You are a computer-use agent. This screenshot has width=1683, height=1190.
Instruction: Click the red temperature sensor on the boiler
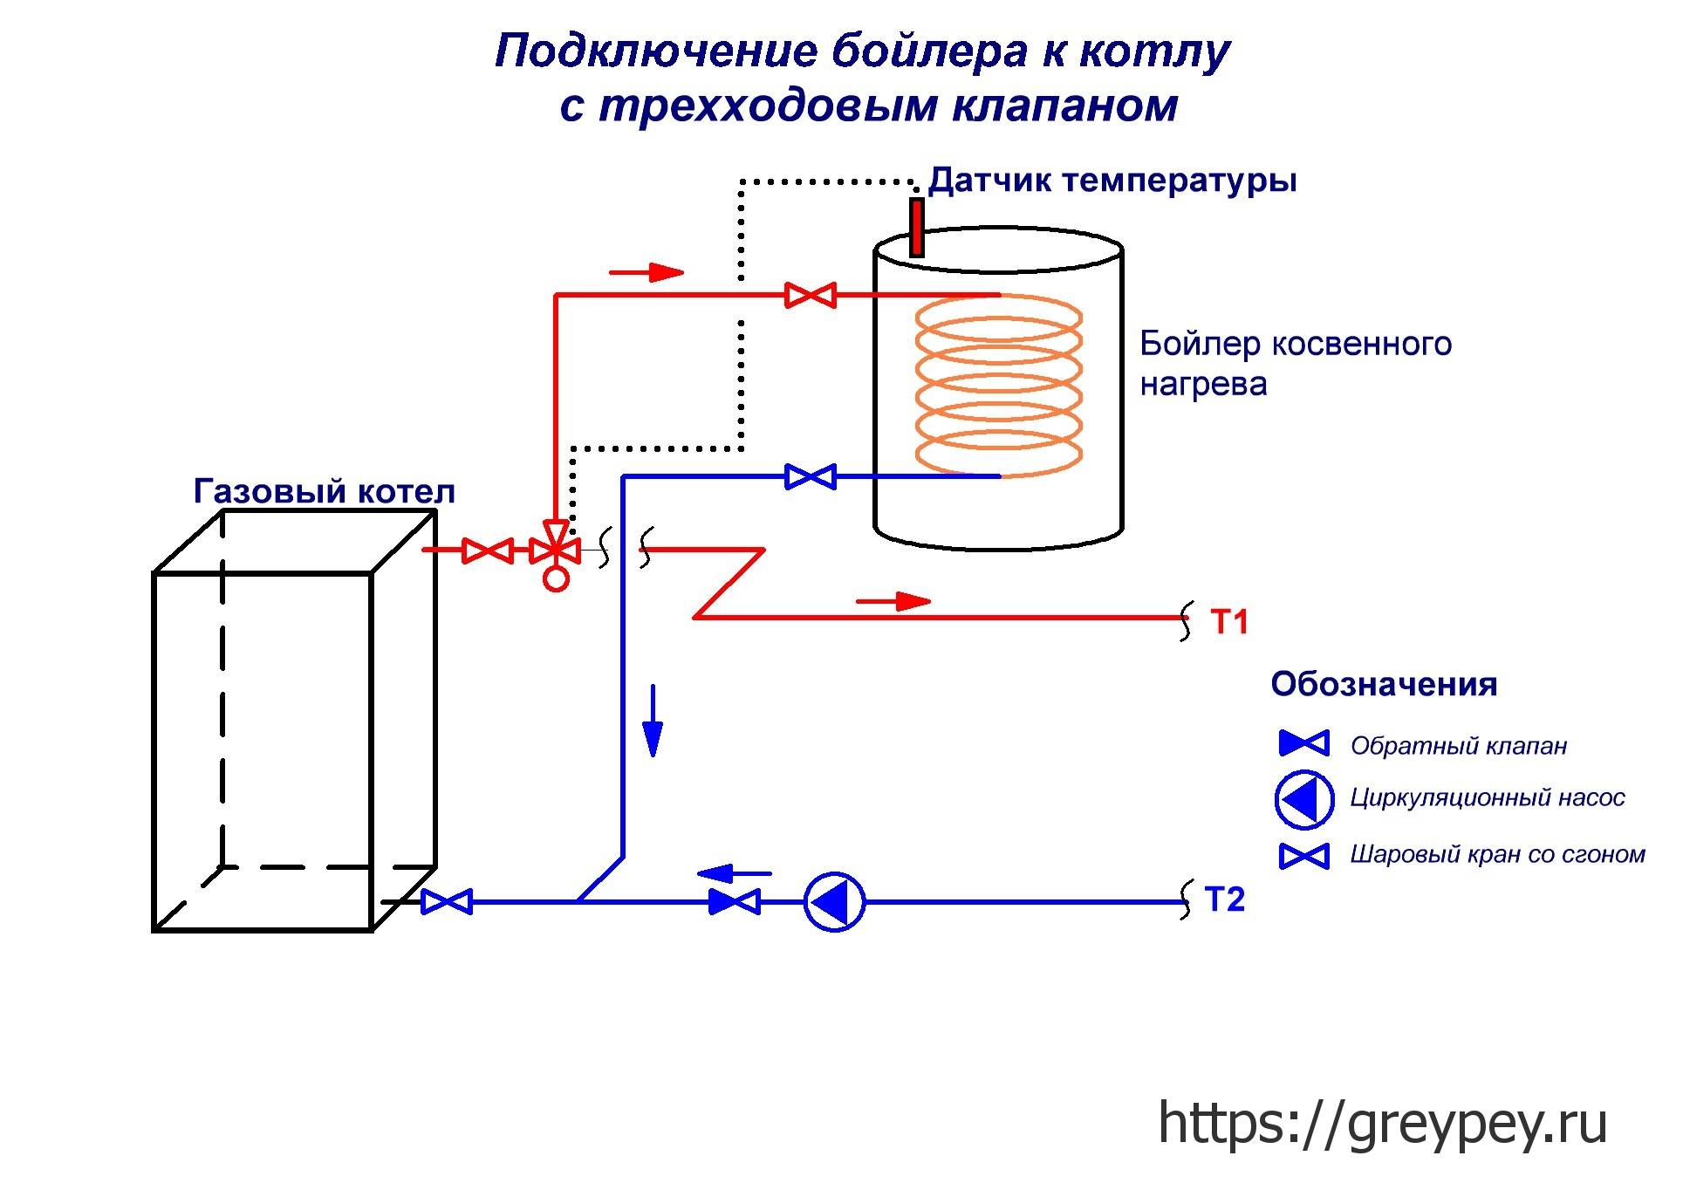click(x=916, y=227)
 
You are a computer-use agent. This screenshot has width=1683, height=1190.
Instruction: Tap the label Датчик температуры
click(x=1112, y=181)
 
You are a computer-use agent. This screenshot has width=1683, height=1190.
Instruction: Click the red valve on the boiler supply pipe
click(x=811, y=296)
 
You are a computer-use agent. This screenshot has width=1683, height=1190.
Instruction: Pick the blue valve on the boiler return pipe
click(x=811, y=477)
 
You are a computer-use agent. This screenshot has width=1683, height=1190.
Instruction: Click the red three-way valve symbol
click(x=556, y=551)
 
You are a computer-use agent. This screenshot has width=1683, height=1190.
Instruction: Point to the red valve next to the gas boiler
click(x=487, y=551)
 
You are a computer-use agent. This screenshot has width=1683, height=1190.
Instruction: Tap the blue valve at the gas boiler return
click(x=447, y=901)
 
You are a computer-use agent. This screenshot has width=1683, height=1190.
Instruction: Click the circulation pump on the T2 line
click(x=834, y=901)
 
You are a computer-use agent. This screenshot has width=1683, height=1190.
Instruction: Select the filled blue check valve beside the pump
click(x=735, y=901)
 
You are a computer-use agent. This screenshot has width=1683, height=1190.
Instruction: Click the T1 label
click(x=1229, y=622)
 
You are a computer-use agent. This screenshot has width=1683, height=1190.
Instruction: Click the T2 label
click(x=1224, y=899)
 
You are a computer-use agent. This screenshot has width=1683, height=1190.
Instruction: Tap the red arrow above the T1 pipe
click(x=893, y=601)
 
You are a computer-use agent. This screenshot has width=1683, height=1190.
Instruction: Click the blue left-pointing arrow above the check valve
click(x=734, y=872)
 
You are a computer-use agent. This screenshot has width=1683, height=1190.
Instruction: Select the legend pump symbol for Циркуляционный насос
click(x=1304, y=798)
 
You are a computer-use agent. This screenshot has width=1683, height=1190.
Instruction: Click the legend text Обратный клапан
click(x=1458, y=746)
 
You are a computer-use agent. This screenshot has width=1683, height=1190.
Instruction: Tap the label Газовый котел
click(x=325, y=491)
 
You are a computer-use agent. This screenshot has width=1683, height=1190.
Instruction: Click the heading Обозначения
click(x=1384, y=684)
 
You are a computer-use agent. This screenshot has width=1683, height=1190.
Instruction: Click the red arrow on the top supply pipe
click(x=646, y=273)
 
